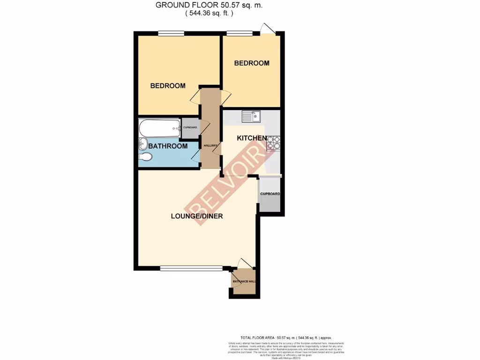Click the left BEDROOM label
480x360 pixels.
point(167,86)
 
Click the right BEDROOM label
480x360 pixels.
point(252,63)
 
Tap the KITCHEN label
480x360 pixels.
point(252,138)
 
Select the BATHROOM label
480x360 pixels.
point(168,146)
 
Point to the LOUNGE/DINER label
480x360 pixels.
point(196,216)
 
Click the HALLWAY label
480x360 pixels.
point(210,146)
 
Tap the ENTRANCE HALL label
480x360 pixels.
point(244,281)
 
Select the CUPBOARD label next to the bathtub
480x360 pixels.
point(190,127)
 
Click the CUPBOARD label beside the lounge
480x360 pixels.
point(270,194)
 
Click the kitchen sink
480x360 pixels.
point(252,116)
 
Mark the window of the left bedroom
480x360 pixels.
point(171,33)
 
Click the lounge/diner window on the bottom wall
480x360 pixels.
point(191,268)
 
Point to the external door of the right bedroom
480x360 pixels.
point(267,29)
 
